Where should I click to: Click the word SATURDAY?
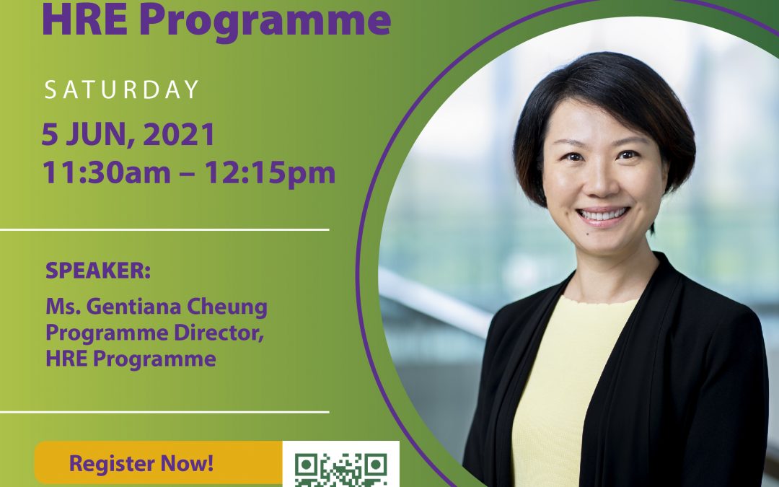tap(122, 89)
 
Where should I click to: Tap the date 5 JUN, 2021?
tap(128, 134)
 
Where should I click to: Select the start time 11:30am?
tap(106, 172)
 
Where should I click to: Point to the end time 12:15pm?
tap(270, 173)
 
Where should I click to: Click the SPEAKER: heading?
tap(98, 271)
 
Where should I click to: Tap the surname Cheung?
tap(221, 308)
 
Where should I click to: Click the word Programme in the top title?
tap(265, 21)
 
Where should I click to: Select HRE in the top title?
tap(84, 20)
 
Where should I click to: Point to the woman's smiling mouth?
tap(602, 215)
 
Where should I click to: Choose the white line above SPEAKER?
tap(164, 229)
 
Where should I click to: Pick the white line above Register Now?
tap(164, 412)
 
